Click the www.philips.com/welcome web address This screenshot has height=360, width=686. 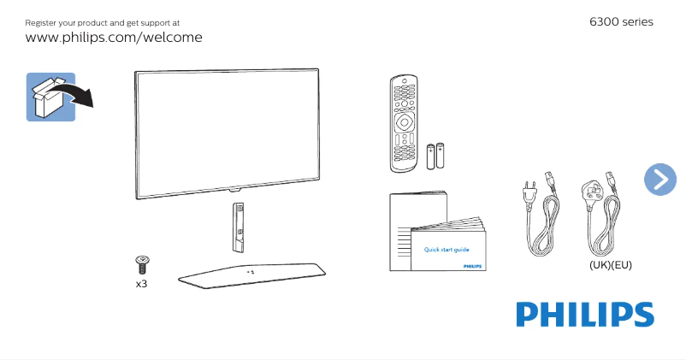(114, 38)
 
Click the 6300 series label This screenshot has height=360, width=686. (621, 21)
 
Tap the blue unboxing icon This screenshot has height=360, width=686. (50, 96)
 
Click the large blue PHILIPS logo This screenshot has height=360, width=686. (584, 314)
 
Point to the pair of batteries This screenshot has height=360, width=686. (436, 155)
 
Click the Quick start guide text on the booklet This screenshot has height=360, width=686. (446, 250)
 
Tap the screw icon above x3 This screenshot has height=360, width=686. (142, 263)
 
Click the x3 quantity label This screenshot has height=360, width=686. (142, 283)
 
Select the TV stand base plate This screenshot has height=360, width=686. (251, 274)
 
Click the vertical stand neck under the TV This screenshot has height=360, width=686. (238, 226)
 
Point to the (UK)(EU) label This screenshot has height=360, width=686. (610, 265)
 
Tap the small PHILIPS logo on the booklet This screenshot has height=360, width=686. (472, 267)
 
